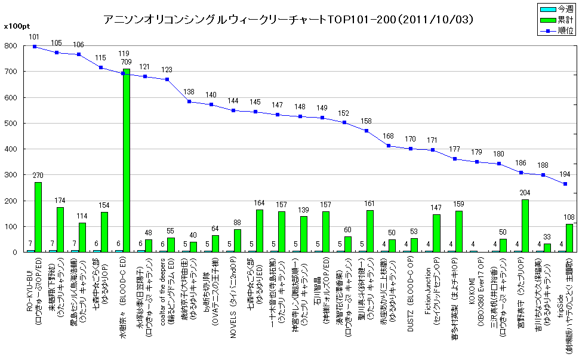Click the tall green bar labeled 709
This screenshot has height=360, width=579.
[127, 160]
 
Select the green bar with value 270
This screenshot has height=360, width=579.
[38, 217]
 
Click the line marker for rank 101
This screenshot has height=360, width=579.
[35, 46]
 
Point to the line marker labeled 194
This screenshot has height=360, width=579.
[565, 184]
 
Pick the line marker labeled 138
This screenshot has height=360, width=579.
[189, 101]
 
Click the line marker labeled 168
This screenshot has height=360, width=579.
[389, 146]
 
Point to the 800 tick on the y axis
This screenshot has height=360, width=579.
[10, 46]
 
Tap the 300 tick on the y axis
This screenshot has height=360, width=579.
[10, 175]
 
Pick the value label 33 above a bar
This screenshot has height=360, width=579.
[547, 237]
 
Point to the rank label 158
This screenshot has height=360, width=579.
[367, 121]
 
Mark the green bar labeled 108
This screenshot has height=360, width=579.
[569, 238]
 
